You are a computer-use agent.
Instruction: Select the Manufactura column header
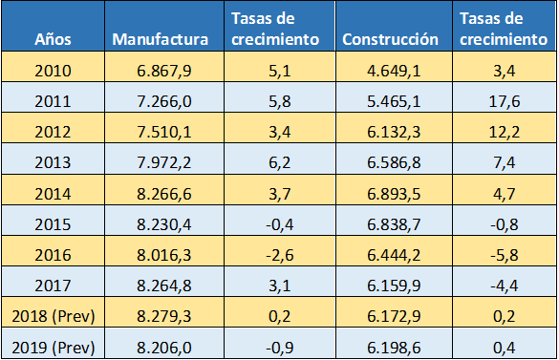coord(160,40)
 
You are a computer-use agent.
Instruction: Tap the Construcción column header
coord(390,40)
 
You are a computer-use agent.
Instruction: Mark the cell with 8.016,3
coord(160,255)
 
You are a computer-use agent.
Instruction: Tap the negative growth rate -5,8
coord(503,255)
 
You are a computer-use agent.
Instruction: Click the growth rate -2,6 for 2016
coord(274,255)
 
